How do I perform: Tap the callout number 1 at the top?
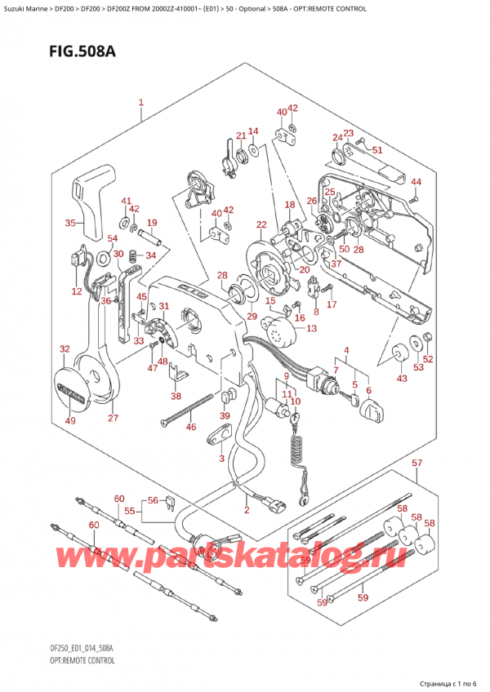pos(141,104)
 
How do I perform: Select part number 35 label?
pos(69,223)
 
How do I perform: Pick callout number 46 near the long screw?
pos(190,427)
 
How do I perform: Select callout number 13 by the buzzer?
pos(311,329)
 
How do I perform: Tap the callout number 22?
pos(261,224)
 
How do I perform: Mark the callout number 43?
pos(400,379)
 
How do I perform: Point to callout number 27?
pos(113,419)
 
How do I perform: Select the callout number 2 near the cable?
pos(246,510)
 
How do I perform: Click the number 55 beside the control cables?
pos(128,510)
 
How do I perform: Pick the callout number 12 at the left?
pos(76,291)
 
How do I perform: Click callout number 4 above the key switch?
pos(346,353)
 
